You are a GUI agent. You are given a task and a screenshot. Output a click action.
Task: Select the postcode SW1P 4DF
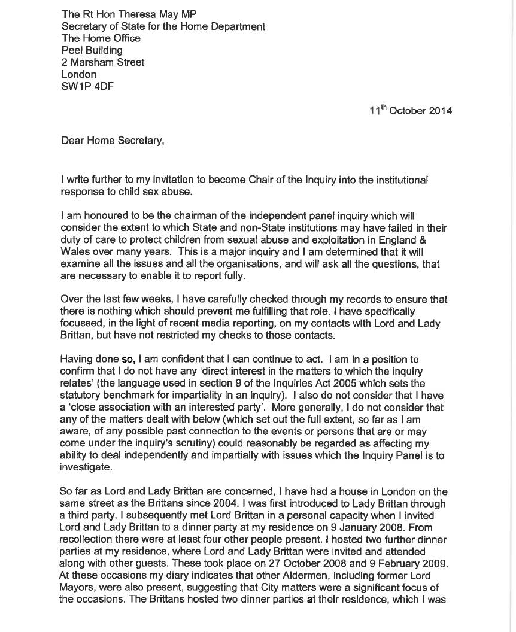click(x=88, y=86)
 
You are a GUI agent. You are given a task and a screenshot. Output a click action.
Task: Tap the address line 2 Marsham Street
click(x=103, y=62)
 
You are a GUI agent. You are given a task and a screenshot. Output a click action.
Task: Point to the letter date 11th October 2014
click(x=411, y=111)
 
